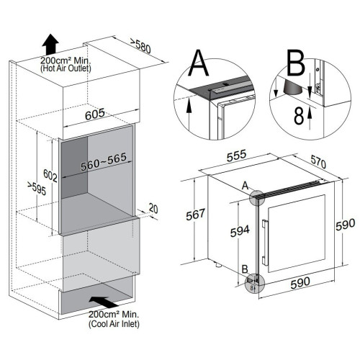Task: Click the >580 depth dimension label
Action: pos(140,45)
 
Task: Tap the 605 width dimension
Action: pos(95,114)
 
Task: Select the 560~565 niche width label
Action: pos(104,161)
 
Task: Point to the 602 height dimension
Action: pos(50,175)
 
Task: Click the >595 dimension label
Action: pos(37,189)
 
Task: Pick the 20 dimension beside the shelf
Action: pos(153,208)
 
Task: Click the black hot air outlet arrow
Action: pos(50,45)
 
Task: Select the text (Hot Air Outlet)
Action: pos(66,68)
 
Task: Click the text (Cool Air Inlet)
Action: pos(114,324)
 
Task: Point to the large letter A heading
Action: pos(199,63)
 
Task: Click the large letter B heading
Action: pos(296,63)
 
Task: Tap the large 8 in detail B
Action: pos(299,116)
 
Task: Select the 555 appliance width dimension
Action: pos(237,156)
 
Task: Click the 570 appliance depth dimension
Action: pos(318,161)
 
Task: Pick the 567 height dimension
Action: pos(195,215)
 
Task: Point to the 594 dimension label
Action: pos(240,231)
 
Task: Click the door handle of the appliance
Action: pos(264,243)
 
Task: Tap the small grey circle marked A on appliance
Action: pos(257,198)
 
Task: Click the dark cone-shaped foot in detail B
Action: pos(292,88)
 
